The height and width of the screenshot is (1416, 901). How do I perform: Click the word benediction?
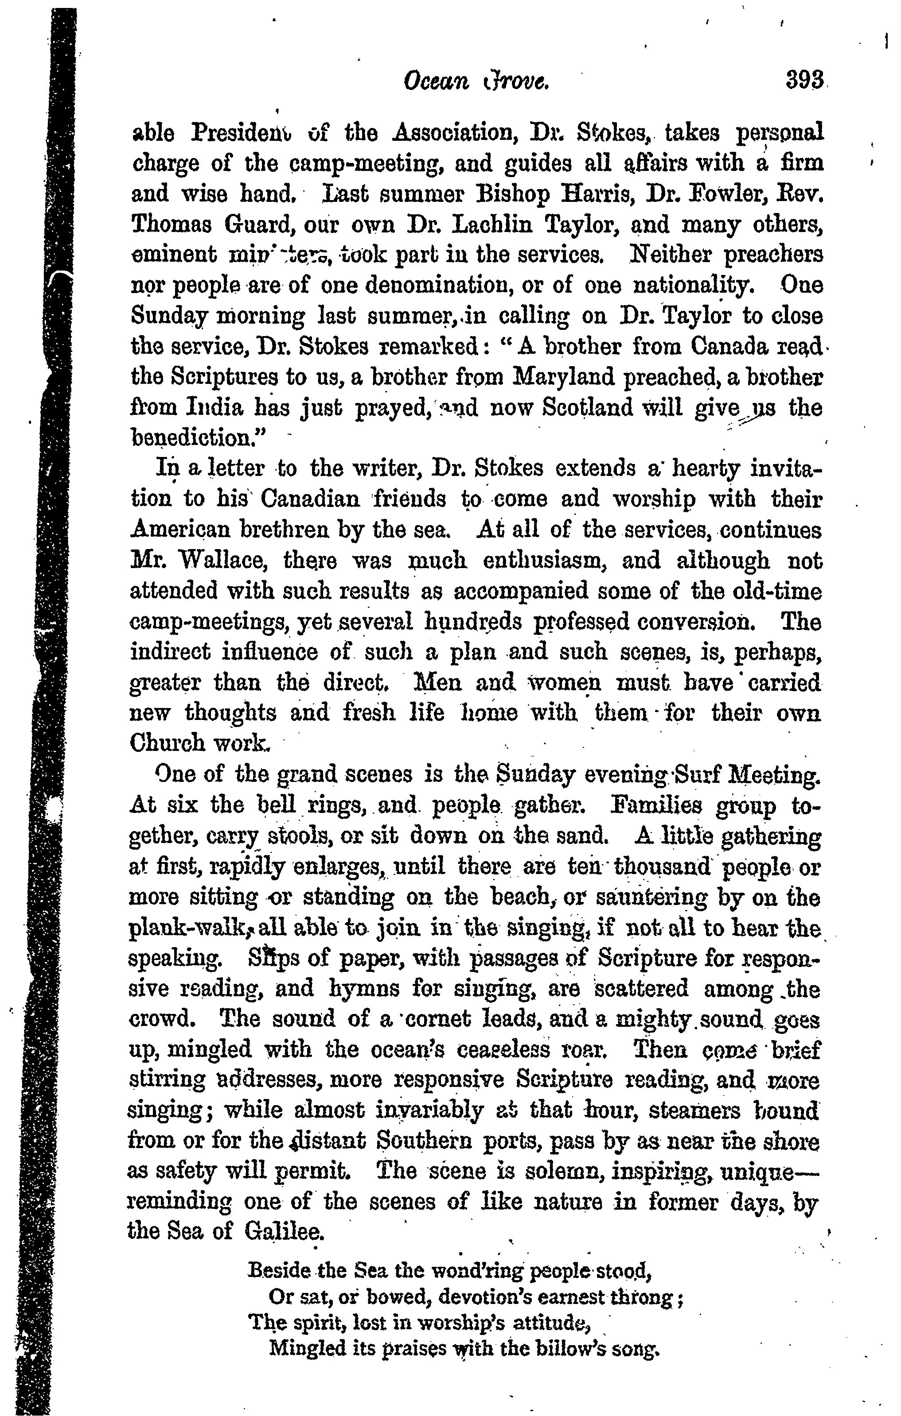click(x=198, y=438)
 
